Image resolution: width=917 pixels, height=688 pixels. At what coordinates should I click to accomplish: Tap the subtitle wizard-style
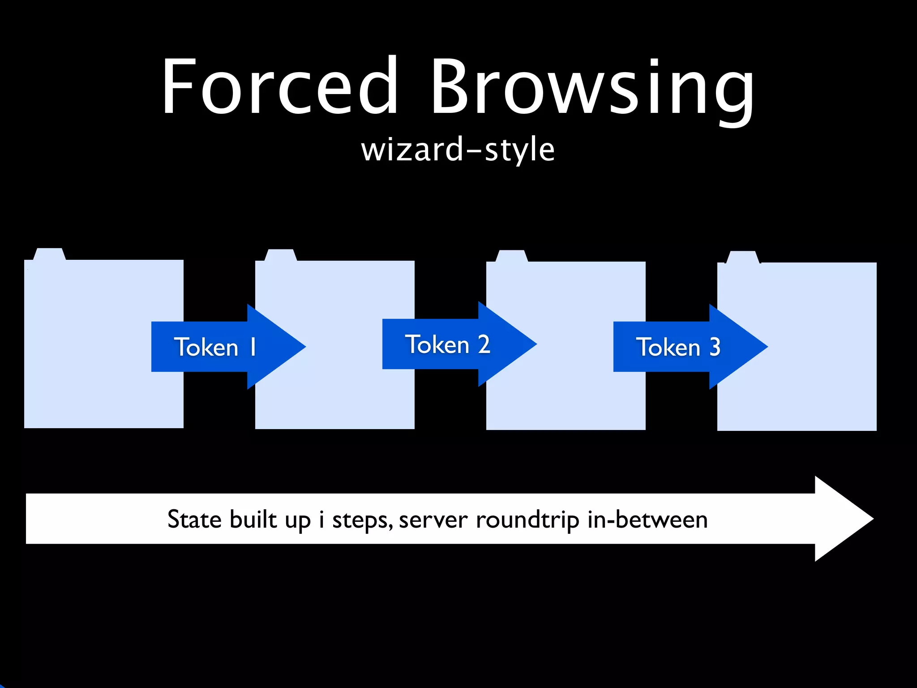click(458, 150)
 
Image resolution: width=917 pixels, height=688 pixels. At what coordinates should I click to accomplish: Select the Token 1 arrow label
click(215, 347)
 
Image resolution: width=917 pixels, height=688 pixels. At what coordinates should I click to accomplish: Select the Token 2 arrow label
click(448, 344)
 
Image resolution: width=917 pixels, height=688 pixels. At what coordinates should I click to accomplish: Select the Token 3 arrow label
click(678, 347)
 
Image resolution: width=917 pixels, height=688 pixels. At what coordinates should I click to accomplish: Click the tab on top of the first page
click(49, 254)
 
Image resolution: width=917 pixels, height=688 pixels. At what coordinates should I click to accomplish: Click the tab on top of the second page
click(280, 255)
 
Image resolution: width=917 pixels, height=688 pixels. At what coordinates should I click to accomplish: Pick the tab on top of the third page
click(511, 256)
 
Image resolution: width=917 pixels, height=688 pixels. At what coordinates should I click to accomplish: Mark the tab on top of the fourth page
click(742, 257)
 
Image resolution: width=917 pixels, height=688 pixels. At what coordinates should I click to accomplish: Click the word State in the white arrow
click(194, 520)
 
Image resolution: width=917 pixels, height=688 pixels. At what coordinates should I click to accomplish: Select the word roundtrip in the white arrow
click(527, 520)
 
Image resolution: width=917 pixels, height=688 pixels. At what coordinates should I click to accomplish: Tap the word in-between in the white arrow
click(647, 520)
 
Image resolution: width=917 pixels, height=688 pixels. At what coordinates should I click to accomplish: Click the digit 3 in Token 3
click(715, 347)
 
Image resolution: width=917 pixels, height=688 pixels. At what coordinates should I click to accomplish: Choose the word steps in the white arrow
click(362, 520)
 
